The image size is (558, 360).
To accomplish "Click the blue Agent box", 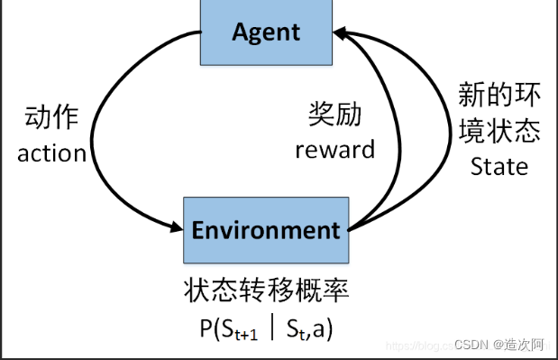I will click(265, 32).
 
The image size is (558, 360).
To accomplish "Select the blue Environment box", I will click(265, 229).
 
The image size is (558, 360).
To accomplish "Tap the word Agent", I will click(265, 32).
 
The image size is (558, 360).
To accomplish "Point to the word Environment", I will click(265, 229).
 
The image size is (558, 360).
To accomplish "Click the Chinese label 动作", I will click(52, 118).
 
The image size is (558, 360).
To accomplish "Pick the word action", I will click(51, 152).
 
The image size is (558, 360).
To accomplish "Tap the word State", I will click(499, 167).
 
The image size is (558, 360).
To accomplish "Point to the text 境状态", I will click(499, 132).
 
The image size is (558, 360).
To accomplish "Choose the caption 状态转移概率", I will click(265, 290).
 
